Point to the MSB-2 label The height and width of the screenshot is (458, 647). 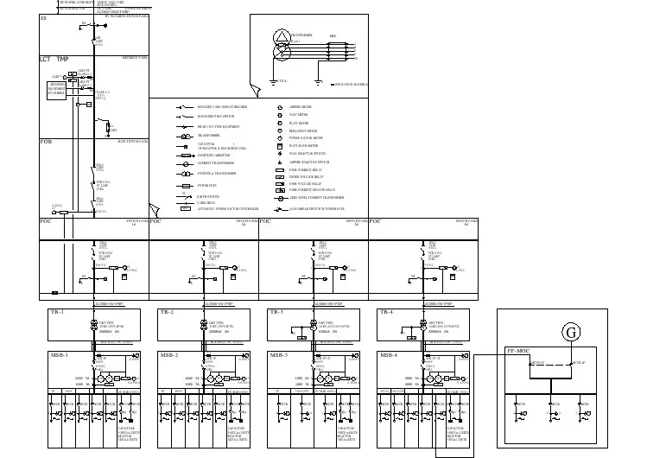coord(168,355)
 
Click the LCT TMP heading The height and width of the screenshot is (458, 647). coord(54,59)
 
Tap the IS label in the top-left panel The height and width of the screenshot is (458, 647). coord(43,18)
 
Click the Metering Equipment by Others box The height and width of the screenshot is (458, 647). coord(57,91)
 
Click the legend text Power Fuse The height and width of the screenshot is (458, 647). coord(206,185)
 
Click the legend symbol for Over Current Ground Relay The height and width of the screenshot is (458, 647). coord(281,190)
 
